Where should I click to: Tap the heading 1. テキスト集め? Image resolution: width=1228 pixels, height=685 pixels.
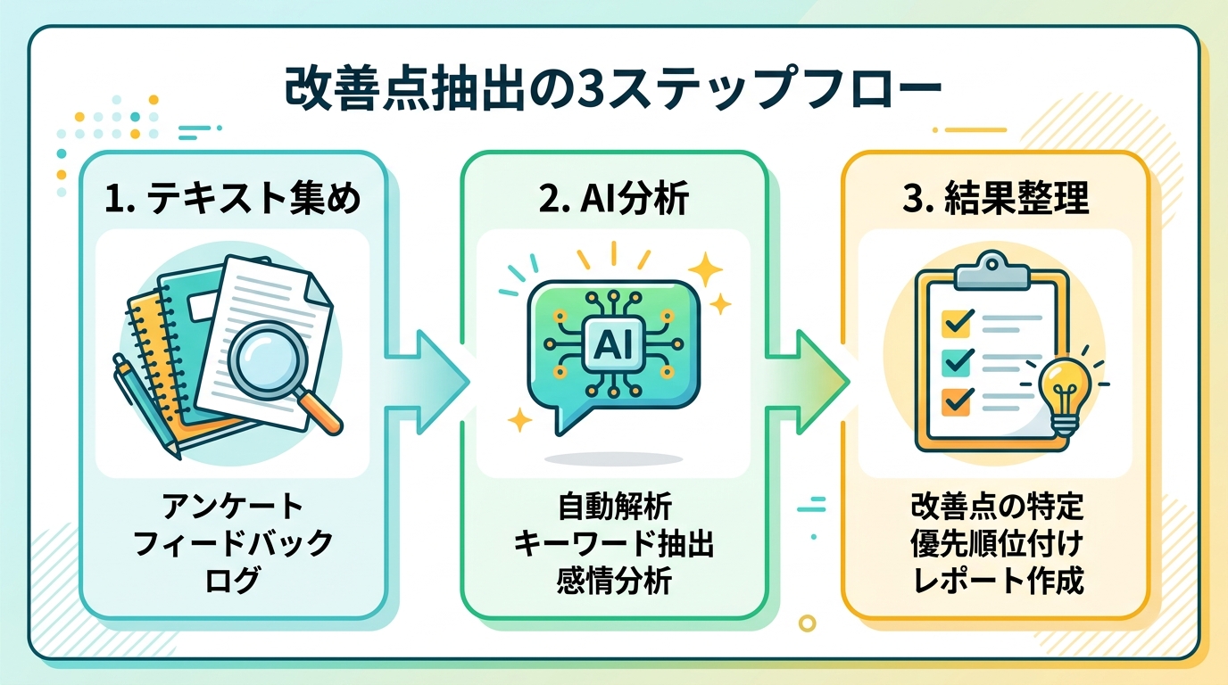233,199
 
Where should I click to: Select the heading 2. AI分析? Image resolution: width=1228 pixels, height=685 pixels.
613,199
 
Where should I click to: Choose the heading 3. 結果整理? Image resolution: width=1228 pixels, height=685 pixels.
995,199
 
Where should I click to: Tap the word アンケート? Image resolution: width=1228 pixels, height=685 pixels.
233,508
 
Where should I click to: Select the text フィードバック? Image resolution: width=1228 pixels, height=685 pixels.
233,544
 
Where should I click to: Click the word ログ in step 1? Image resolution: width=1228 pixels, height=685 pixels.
233,581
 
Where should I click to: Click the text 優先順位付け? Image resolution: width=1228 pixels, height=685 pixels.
995,544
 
